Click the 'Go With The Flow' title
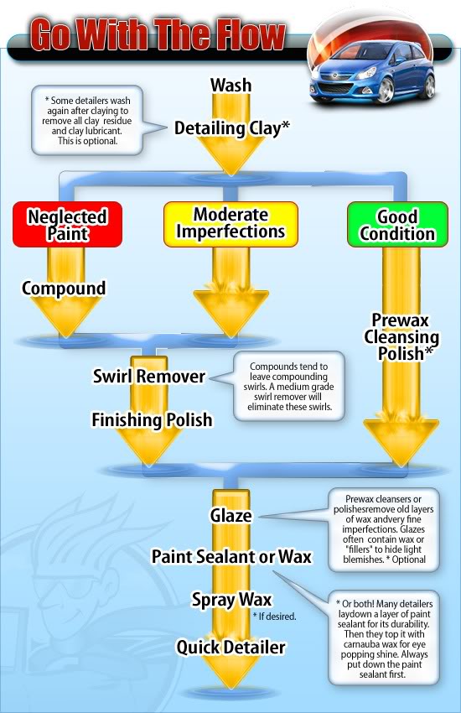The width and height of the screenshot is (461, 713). point(158,35)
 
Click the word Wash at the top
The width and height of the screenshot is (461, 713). point(231,85)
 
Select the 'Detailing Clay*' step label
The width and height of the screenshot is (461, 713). point(232,128)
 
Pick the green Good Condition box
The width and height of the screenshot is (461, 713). point(397,226)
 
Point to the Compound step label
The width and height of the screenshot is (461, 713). point(64,289)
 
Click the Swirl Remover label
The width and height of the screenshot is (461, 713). point(149,376)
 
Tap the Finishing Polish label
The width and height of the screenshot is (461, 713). point(152,419)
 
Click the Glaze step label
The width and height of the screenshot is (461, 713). point(230,515)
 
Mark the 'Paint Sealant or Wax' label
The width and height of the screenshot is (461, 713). point(231,556)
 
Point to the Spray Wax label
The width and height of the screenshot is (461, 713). point(231,600)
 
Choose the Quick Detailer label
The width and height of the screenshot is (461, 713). point(230,647)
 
